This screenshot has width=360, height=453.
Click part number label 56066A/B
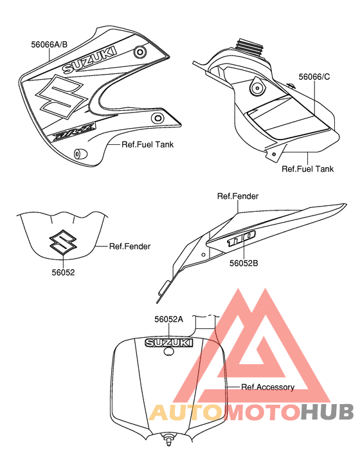pyautogui.click(x=49, y=44)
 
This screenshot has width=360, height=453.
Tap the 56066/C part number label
pyautogui.click(x=314, y=77)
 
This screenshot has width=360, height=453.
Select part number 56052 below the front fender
pyautogui.click(x=63, y=272)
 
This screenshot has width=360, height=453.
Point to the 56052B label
pyautogui.click(x=244, y=263)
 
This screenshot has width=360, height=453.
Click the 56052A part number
pyautogui.click(x=168, y=319)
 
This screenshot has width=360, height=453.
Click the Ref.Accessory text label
pyautogui.click(x=268, y=387)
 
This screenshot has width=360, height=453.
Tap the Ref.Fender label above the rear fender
pyautogui.click(x=238, y=196)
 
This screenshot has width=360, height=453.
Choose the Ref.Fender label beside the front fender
pyautogui.click(x=130, y=246)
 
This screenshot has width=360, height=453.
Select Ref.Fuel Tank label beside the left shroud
pyautogui.click(x=147, y=144)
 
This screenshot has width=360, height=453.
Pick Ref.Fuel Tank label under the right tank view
pyautogui.click(x=307, y=169)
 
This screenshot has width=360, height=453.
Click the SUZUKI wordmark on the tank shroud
pyautogui.click(x=90, y=60)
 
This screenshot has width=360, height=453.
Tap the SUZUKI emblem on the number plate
pyautogui.click(x=169, y=342)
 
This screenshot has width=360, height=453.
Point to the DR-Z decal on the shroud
pyautogui.click(x=74, y=132)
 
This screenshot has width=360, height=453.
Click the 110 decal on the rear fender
pyautogui.click(x=241, y=238)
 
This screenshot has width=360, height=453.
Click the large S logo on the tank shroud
pyautogui.click(x=61, y=97)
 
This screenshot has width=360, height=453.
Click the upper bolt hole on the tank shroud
pyautogui.click(x=140, y=52)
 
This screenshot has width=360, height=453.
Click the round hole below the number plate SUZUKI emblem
pyautogui.click(x=168, y=351)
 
